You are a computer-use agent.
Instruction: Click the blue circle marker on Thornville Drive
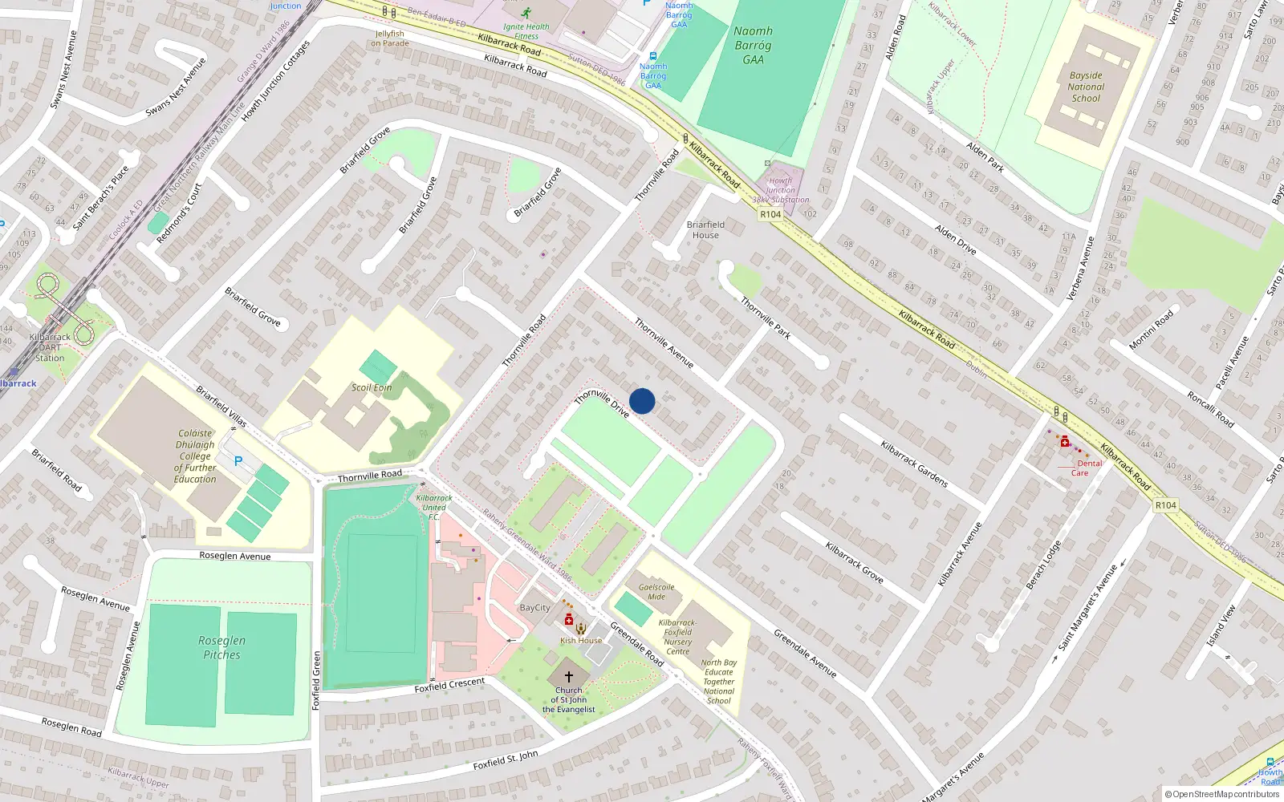tap(642, 401)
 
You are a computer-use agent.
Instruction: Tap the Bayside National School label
tap(1086, 87)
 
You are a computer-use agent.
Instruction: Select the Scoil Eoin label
tap(372, 387)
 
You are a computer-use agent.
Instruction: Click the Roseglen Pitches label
tap(221, 647)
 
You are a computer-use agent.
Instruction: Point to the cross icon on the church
tap(569, 677)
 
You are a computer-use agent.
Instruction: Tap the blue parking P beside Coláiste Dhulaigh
tap(238, 461)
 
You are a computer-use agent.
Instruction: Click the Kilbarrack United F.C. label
tap(433, 507)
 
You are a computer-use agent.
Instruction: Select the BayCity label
tap(534, 607)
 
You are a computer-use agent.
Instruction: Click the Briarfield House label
tap(705, 229)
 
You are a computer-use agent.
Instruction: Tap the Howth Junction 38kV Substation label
tap(781, 190)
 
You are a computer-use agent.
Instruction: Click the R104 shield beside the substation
tap(770, 214)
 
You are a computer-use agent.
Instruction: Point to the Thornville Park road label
tap(766, 318)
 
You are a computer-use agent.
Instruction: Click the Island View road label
tap(1221, 625)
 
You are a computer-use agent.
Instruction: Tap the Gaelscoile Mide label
tap(656, 591)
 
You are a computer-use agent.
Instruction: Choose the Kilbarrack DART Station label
tap(50, 347)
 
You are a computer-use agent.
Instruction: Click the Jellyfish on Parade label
tap(390, 38)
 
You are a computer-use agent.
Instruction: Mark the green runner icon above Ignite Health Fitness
tap(526, 13)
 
